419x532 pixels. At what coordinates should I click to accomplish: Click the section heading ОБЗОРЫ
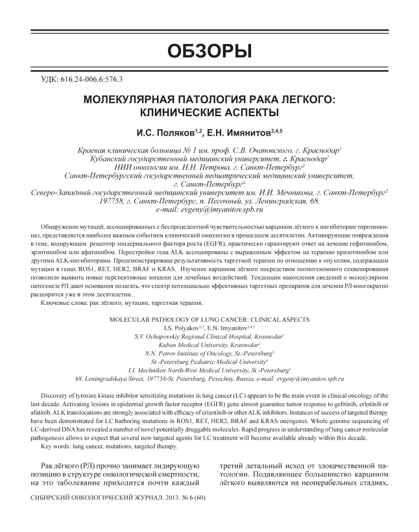(209, 51)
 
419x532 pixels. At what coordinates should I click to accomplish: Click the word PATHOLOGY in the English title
(182, 320)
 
